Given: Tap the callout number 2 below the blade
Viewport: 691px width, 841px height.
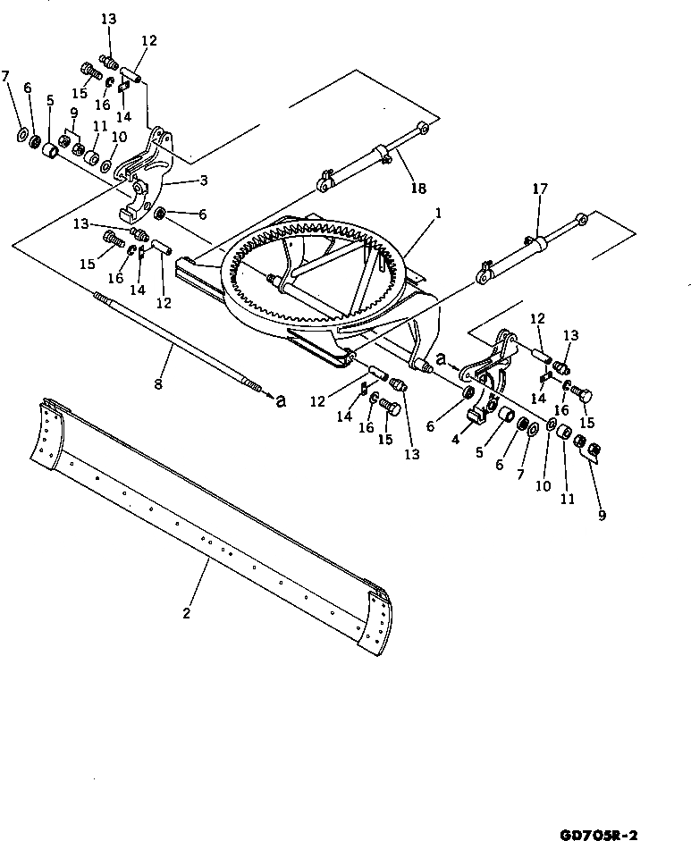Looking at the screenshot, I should [x=186, y=613].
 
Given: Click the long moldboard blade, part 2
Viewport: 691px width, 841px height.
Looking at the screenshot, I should [x=215, y=527].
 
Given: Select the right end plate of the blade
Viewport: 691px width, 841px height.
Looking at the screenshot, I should [x=377, y=617].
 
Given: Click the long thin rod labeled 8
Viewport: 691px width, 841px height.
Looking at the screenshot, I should [x=179, y=344].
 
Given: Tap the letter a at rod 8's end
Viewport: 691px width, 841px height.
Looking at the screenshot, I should [x=281, y=401].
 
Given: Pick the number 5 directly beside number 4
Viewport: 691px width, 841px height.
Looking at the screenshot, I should [x=478, y=452].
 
